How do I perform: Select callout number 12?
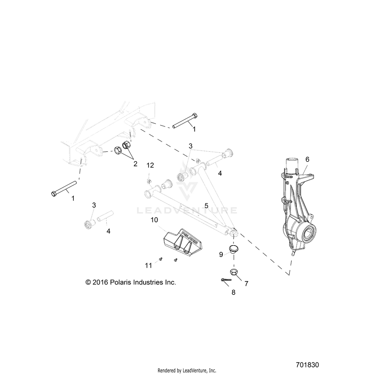coord(150,165)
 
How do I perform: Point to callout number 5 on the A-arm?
coord(206,205)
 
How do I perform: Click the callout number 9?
coord(221,254)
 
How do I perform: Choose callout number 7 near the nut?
coord(246,284)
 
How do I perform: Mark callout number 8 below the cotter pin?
coord(233,292)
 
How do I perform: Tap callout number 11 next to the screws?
coord(148,265)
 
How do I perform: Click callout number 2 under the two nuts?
coord(135,163)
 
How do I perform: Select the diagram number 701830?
coord(307,365)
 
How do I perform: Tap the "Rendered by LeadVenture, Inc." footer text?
coord(187,371)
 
